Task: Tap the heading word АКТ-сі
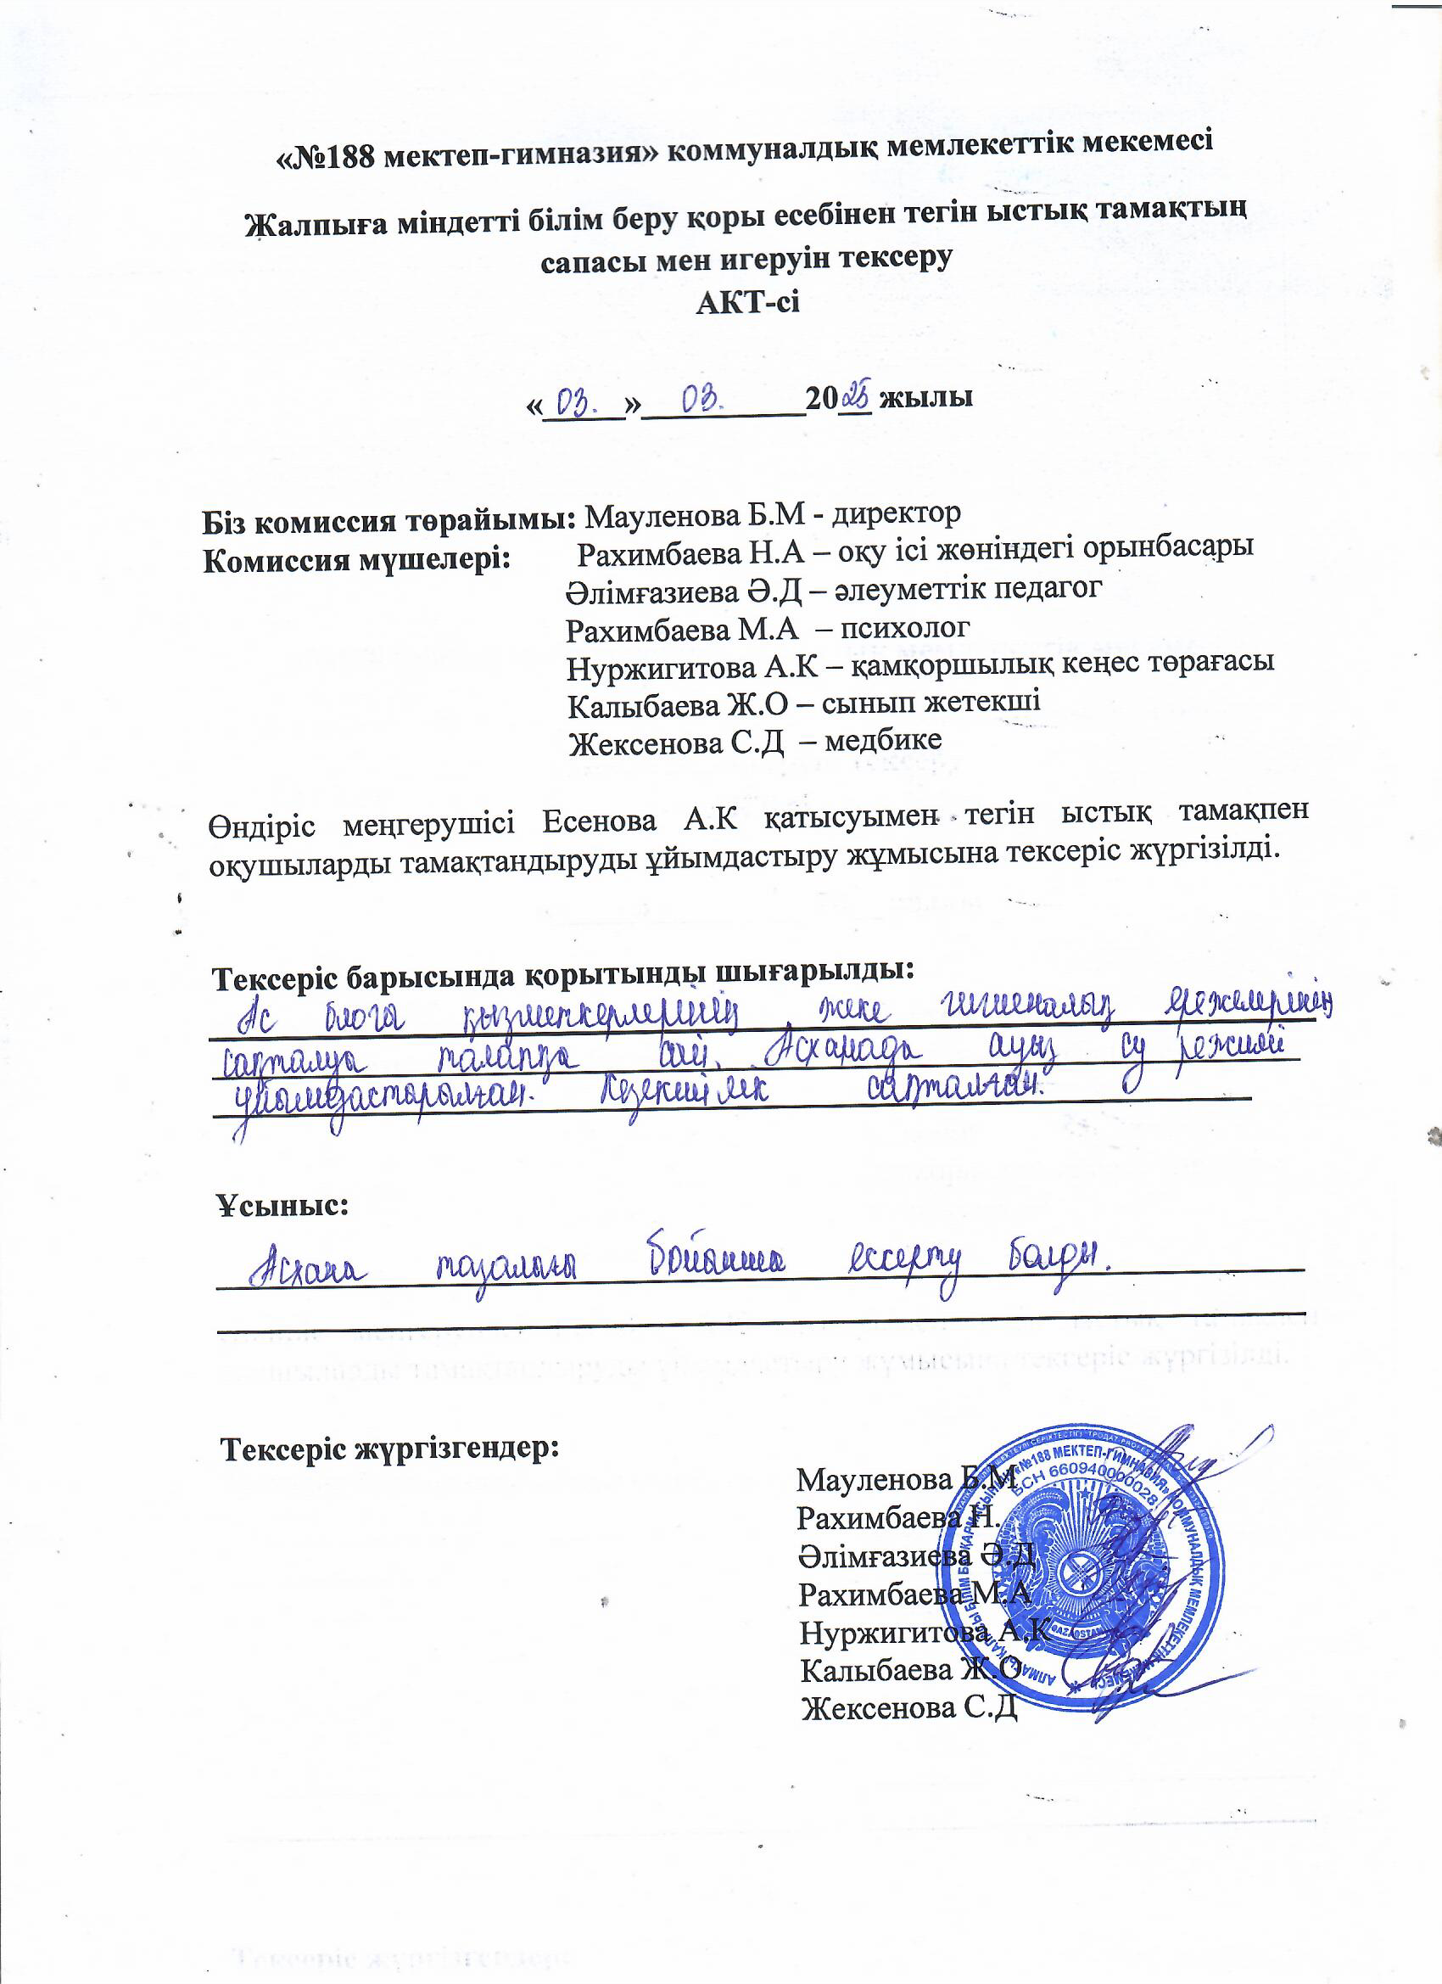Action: point(746,303)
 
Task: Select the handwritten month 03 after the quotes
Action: point(702,401)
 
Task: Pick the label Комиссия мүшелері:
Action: point(357,560)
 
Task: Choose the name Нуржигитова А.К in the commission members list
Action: point(691,668)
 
